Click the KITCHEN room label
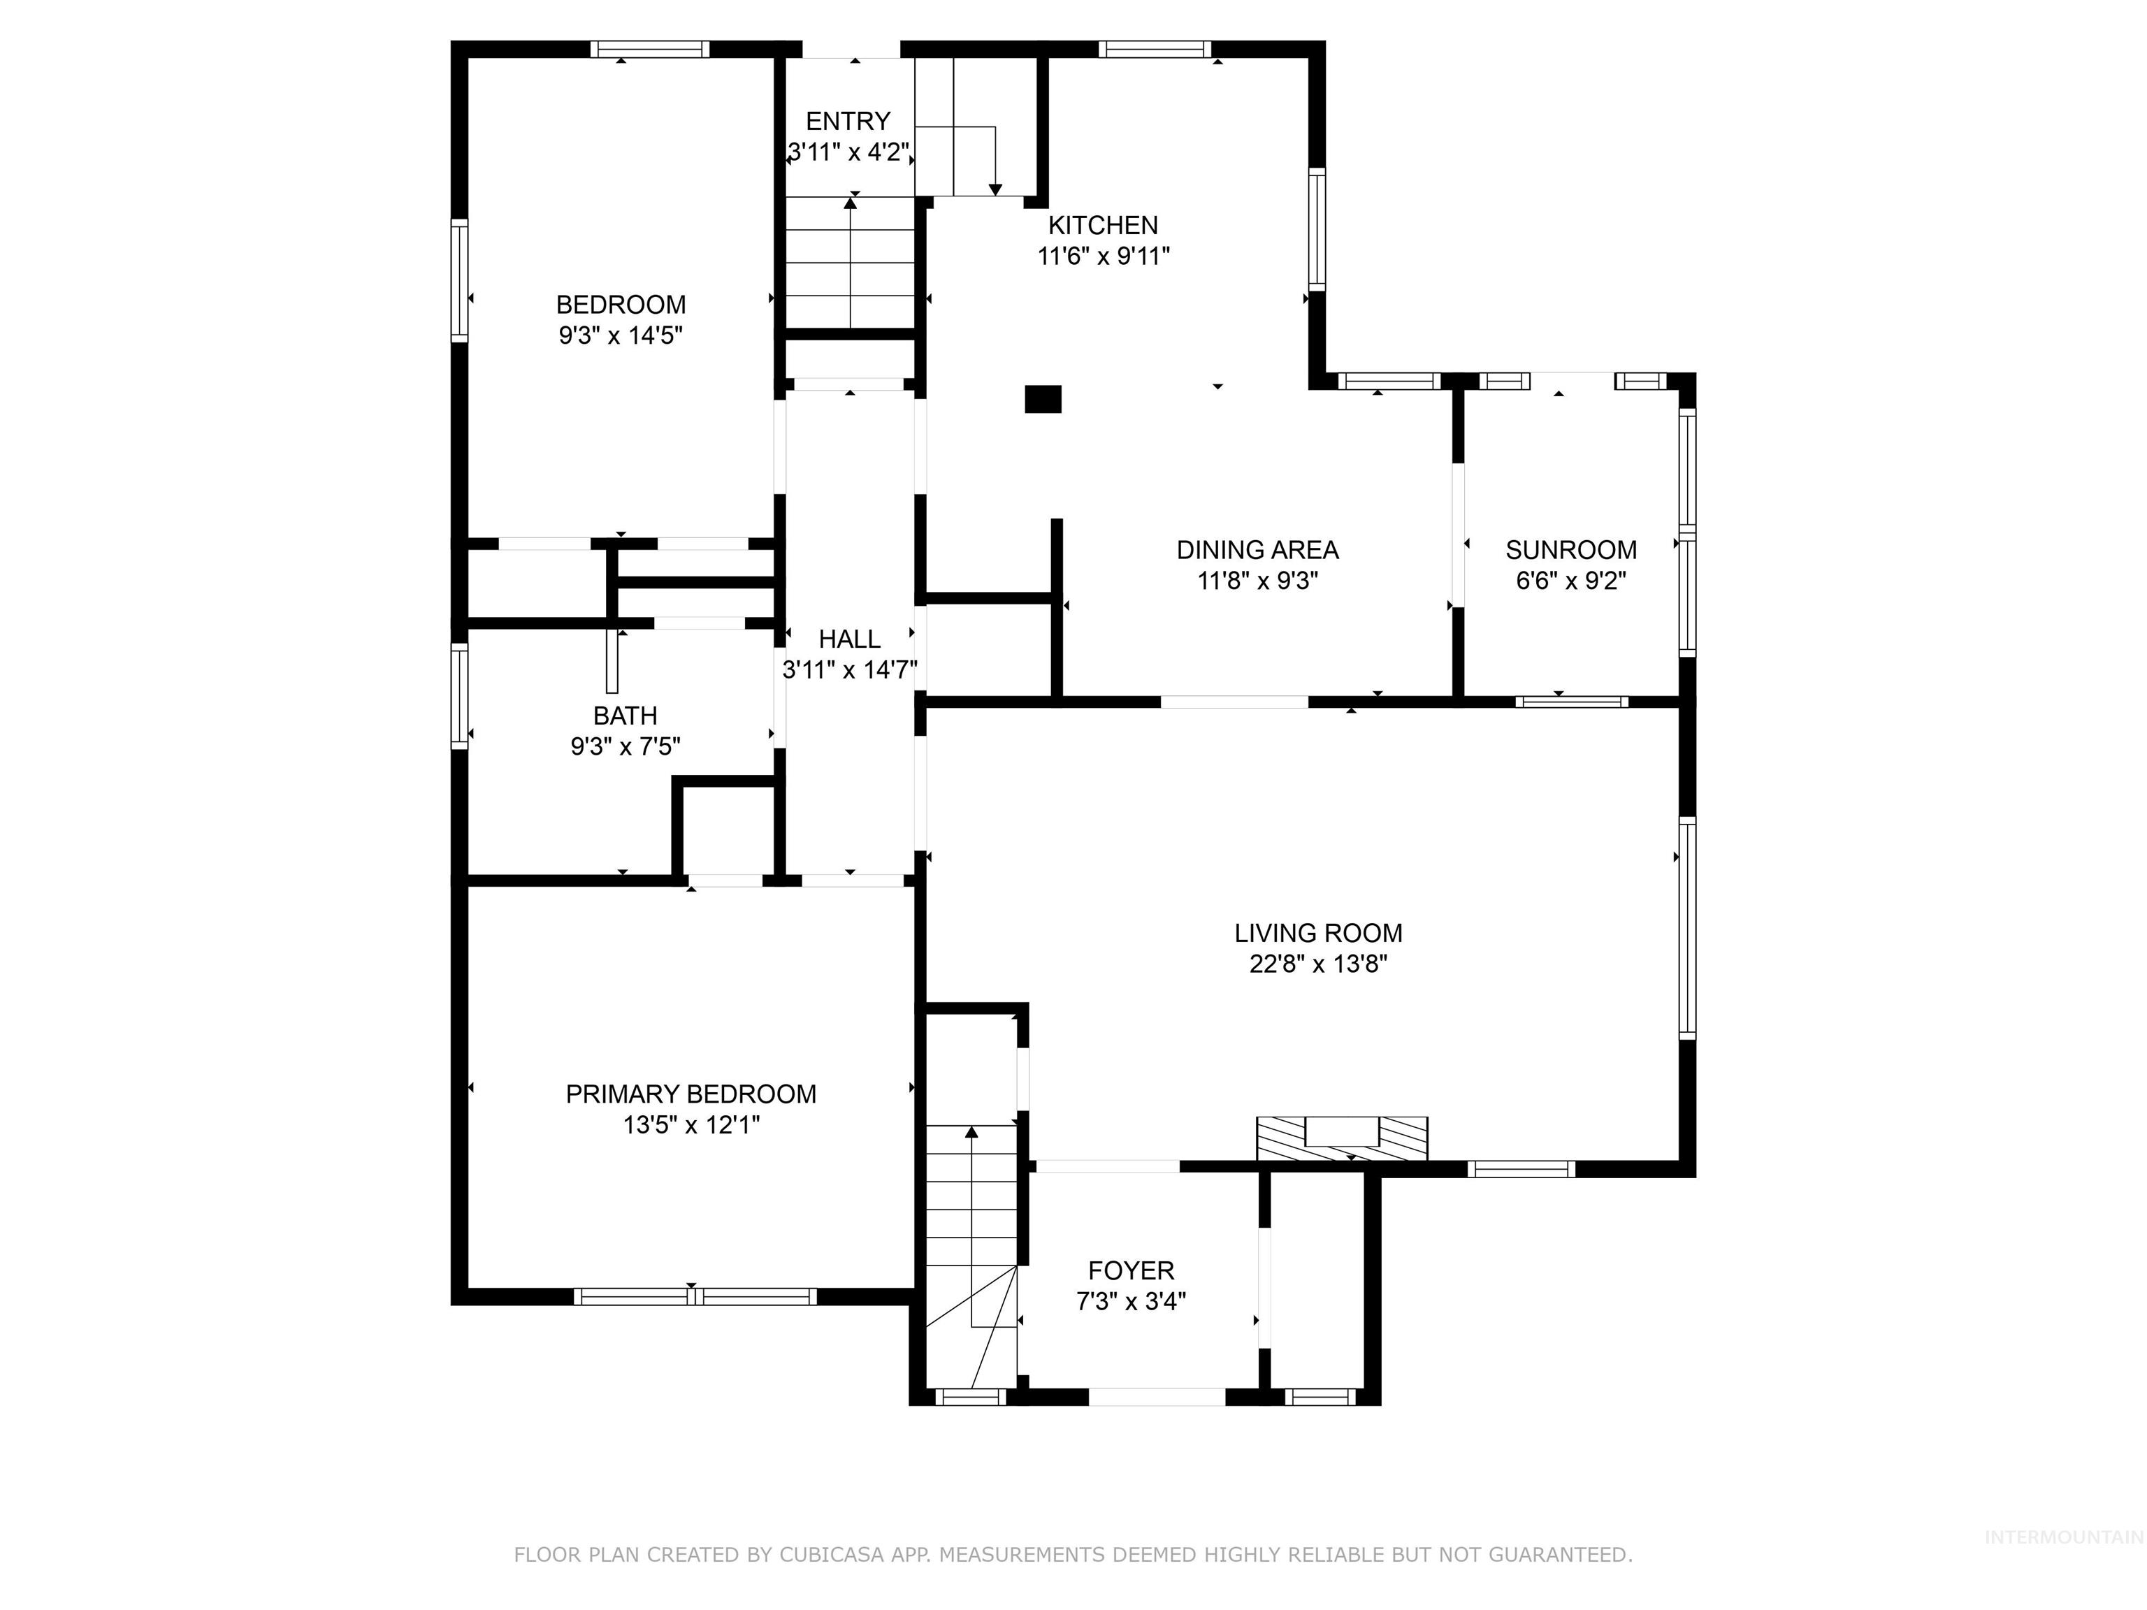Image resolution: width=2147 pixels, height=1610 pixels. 1103,225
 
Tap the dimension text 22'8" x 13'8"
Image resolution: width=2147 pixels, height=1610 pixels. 1318,964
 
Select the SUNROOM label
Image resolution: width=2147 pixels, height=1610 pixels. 1570,549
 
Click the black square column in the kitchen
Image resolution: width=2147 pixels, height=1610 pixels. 1043,399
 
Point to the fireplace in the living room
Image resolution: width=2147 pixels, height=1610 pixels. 1341,1138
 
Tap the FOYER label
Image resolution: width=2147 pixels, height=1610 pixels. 1131,1270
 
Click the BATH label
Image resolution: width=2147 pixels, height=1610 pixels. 625,716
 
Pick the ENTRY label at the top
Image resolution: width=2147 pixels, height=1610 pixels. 847,122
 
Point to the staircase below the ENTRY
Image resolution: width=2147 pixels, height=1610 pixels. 851,262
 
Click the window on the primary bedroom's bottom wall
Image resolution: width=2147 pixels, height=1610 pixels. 695,1296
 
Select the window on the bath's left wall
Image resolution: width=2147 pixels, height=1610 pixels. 460,696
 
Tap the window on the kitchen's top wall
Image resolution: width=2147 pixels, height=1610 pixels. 1154,48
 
